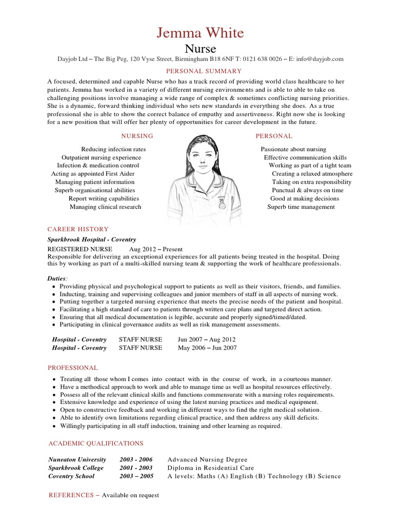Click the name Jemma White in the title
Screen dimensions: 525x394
pos(200,33)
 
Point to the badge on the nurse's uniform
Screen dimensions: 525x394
pos(222,202)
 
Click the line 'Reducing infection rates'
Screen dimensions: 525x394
pos(113,149)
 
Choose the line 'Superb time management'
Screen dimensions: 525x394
pos(301,207)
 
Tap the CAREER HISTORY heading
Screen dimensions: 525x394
pos(78,229)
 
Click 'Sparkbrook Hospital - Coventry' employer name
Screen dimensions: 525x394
pos(92,239)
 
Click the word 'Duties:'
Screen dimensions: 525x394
pos(57,278)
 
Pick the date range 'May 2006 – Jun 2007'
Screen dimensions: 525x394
pos(207,348)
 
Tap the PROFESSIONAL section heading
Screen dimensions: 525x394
pos(73,368)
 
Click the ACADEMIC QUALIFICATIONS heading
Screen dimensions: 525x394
pos(96,443)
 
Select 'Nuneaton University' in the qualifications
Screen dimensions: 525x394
pos(77,459)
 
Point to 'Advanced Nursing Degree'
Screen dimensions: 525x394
pos(207,459)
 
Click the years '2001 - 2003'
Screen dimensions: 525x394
pos(136,468)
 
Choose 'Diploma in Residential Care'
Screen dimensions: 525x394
pos(210,468)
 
